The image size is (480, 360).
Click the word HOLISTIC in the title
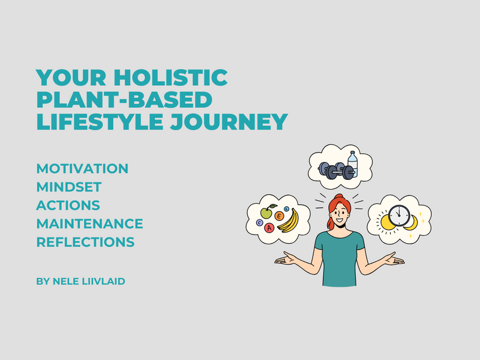(171, 77)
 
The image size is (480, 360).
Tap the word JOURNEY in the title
(229, 122)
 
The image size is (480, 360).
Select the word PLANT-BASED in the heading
(124, 100)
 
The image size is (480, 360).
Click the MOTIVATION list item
(82, 169)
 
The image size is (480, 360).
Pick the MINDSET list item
(69, 187)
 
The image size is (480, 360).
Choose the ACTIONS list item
(68, 205)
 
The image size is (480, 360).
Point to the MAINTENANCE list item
(89, 224)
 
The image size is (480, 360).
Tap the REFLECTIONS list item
(85, 242)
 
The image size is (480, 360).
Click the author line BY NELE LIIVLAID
(81, 281)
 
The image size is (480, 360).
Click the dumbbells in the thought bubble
(336, 171)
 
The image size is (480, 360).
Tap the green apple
(266, 212)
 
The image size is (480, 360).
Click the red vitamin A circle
(269, 228)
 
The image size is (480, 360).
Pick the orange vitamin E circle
(279, 216)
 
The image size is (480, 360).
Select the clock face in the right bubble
(399, 215)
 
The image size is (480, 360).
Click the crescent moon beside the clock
(412, 223)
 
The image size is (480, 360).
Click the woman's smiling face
(340, 214)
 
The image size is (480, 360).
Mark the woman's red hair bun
(338, 196)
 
